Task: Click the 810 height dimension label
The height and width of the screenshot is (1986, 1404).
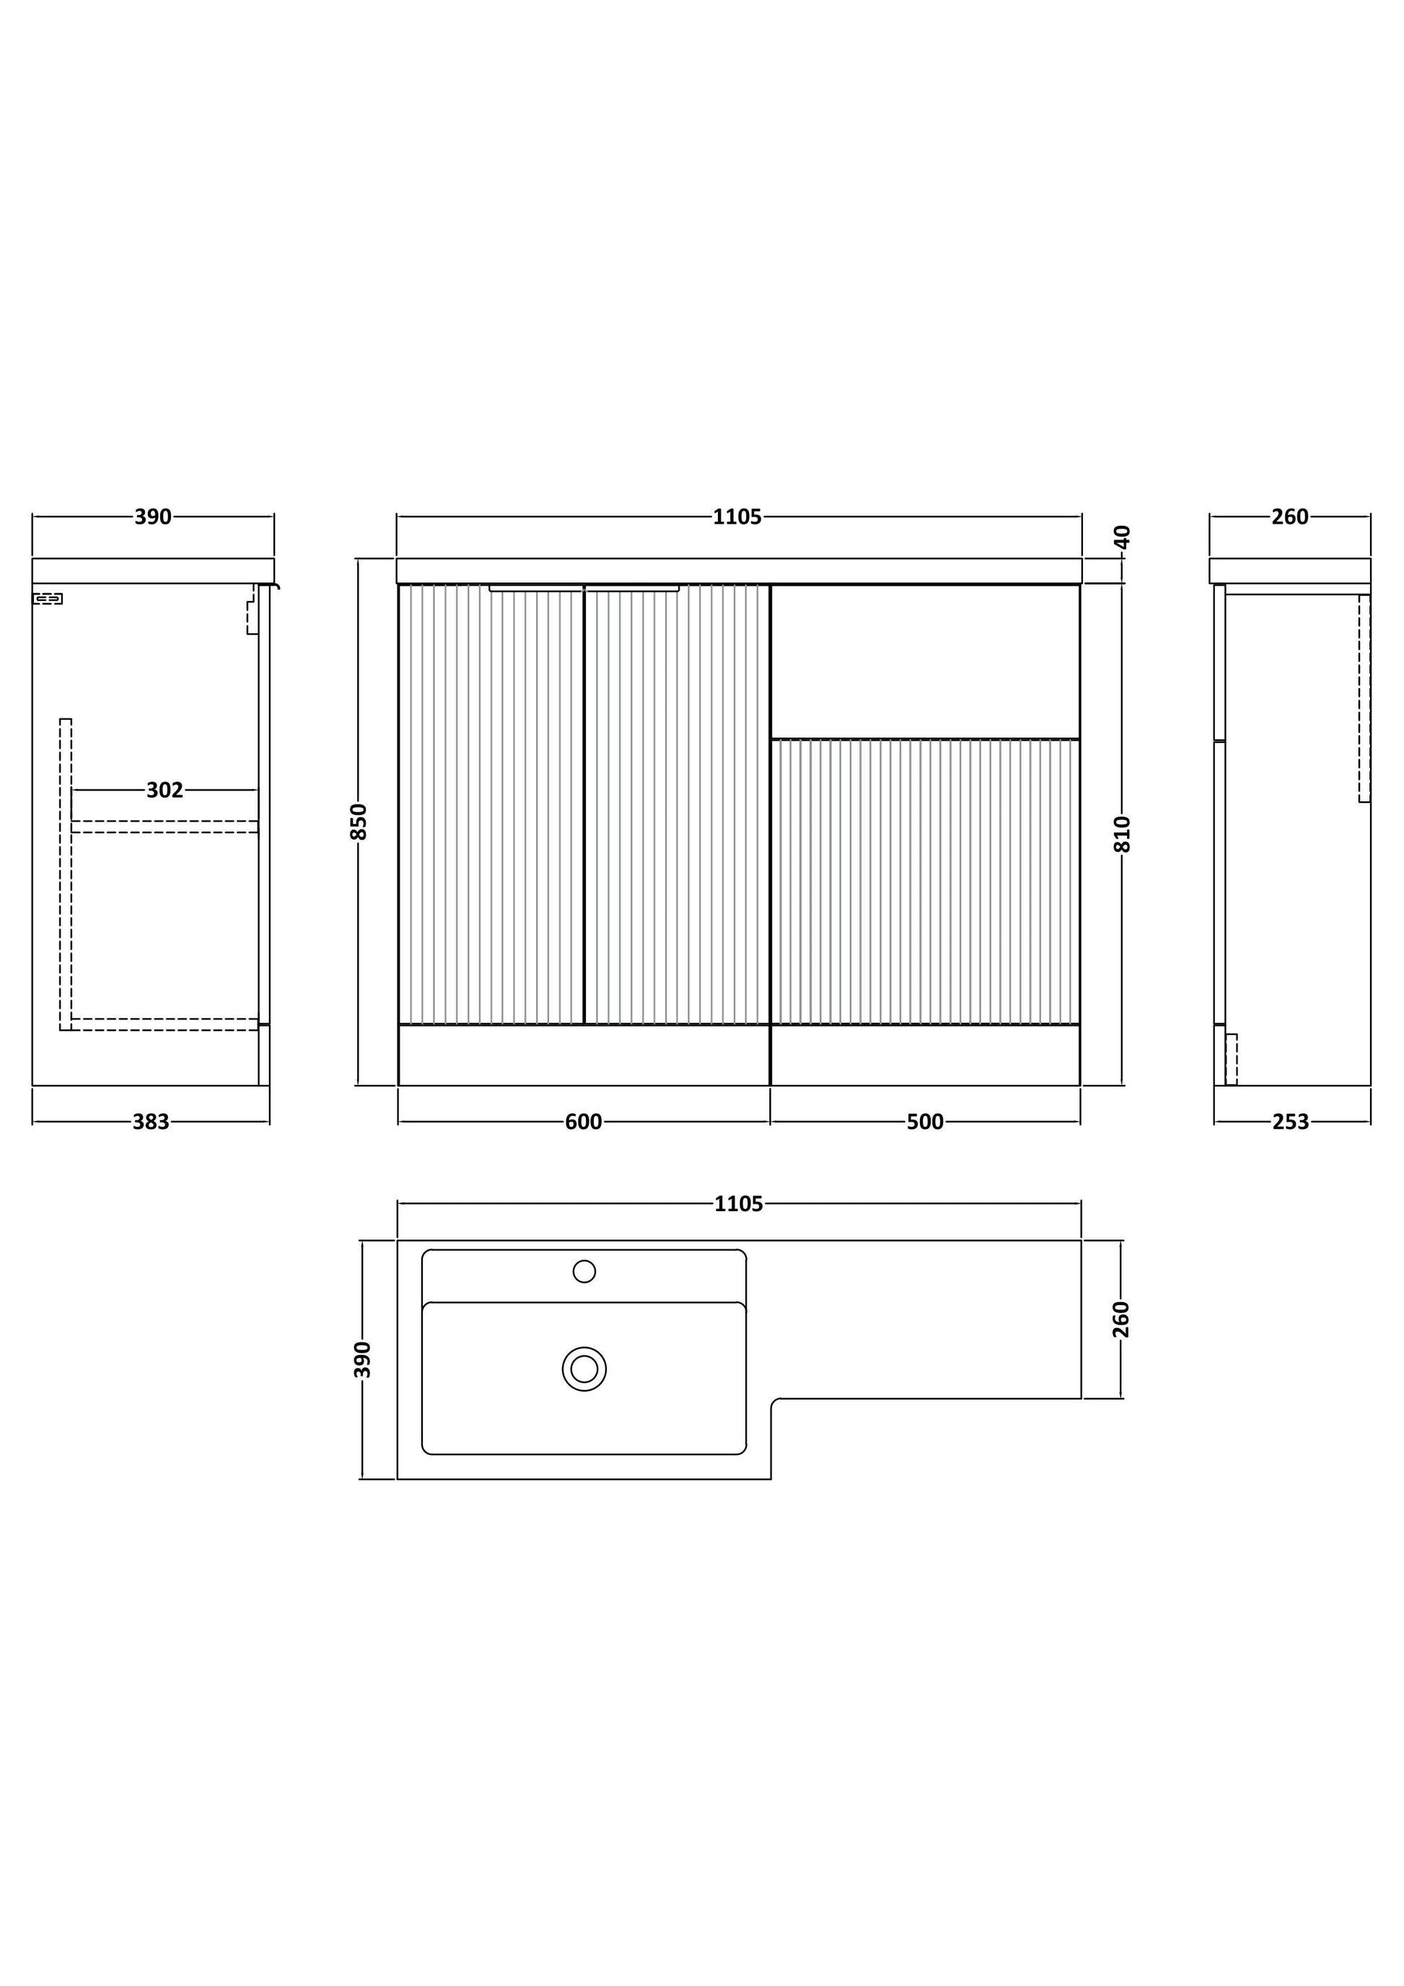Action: point(1122,834)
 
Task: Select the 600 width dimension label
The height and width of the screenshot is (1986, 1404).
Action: point(583,1122)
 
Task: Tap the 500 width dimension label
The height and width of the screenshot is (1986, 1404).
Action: point(925,1122)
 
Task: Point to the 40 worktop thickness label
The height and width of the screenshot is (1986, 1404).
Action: point(1122,537)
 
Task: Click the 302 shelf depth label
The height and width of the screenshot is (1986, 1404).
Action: point(164,790)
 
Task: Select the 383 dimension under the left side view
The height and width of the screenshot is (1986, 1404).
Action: point(151,1122)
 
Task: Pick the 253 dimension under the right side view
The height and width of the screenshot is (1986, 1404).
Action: point(1291,1122)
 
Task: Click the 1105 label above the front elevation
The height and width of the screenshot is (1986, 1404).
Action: point(737,517)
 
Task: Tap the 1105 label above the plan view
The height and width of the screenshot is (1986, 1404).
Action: point(739,1204)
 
